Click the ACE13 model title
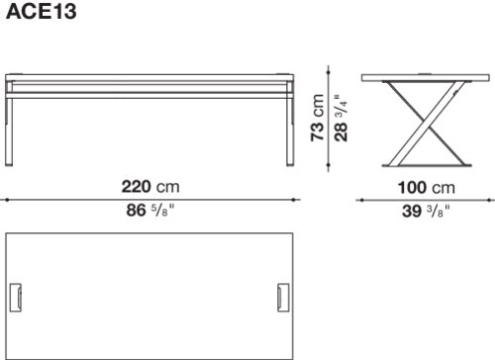pyautogui.click(x=42, y=12)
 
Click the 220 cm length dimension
pyautogui.click(x=150, y=187)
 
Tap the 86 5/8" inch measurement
pyautogui.click(x=150, y=210)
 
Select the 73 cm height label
pyautogui.click(x=318, y=118)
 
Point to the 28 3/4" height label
pyautogui.click(x=341, y=119)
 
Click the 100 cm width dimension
pyautogui.click(x=427, y=188)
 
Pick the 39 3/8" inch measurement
pyautogui.click(x=426, y=211)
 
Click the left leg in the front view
pyautogui.click(x=9, y=132)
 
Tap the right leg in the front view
pyautogui.click(x=290, y=132)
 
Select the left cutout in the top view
pyautogui.click(x=16, y=297)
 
